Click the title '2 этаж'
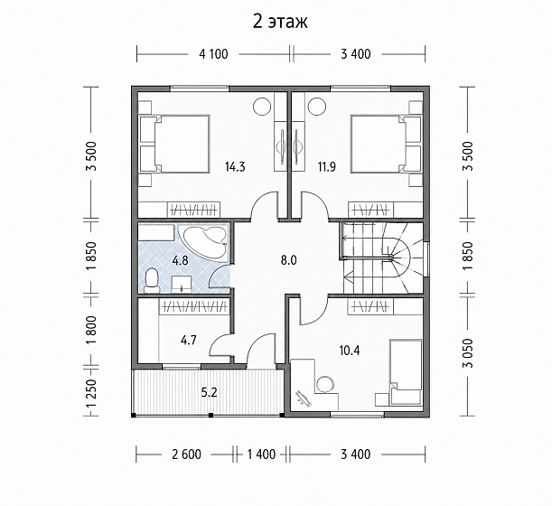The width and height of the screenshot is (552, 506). (x=280, y=22)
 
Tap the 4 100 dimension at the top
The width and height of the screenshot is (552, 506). (x=213, y=54)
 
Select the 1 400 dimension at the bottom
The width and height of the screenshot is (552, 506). (x=261, y=454)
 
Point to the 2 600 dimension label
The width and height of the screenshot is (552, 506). (x=187, y=454)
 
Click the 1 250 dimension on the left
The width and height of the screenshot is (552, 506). (x=92, y=393)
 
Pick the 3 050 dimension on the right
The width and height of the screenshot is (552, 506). (x=468, y=353)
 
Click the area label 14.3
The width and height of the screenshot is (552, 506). (x=235, y=166)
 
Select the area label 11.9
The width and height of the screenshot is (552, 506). (x=327, y=166)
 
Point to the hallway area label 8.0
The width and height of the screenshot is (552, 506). (x=289, y=260)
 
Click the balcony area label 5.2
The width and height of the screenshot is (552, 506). (x=209, y=392)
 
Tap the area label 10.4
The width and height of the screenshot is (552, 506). (x=350, y=351)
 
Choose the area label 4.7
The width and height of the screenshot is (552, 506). (x=189, y=340)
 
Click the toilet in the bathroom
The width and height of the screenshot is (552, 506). (x=152, y=281)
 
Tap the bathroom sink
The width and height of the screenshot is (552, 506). (x=182, y=284)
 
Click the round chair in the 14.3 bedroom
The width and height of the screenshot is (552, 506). (x=262, y=106)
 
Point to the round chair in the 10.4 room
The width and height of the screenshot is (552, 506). (x=325, y=385)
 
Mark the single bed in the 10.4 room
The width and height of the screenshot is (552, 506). (x=406, y=372)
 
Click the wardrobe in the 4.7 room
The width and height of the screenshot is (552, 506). (x=194, y=306)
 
